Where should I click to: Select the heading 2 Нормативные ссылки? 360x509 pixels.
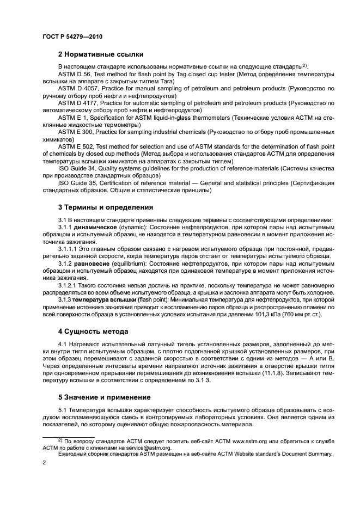click(x=101, y=54)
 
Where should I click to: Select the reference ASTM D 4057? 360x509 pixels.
click(x=79, y=88)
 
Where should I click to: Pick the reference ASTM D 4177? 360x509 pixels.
click(x=79, y=102)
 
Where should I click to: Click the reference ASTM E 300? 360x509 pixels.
click(x=77, y=132)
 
